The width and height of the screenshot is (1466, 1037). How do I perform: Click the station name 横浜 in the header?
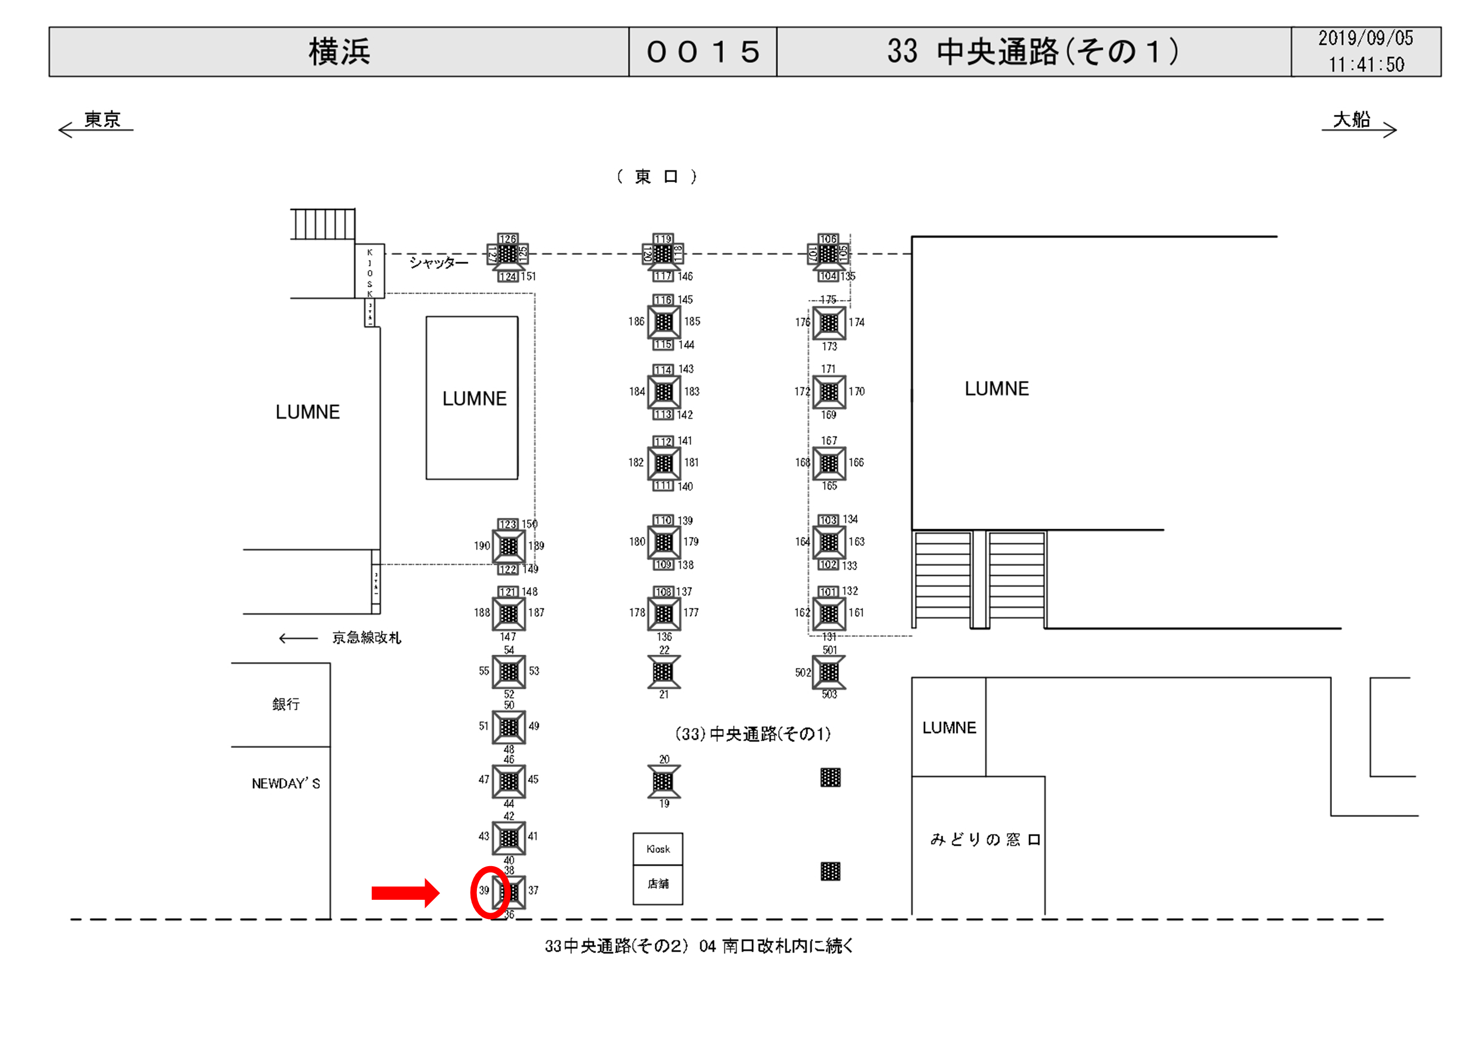339,52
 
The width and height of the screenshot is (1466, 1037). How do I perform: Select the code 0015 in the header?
703,52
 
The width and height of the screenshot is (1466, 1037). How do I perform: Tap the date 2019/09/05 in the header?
1365,38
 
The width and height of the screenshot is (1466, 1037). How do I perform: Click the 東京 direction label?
102,120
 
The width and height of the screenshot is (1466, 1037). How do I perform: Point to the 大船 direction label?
1351,120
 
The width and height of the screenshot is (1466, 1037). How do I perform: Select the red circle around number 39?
490,893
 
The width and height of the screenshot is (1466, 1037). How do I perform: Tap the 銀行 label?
285,704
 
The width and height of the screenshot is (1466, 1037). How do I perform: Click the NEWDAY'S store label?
285,783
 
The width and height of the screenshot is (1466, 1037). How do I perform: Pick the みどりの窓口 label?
985,839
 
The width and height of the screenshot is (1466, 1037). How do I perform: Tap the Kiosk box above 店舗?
657,849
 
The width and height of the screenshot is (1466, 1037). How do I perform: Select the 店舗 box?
657,884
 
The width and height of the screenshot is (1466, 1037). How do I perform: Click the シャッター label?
438,262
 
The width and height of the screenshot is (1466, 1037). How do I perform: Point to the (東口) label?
656,177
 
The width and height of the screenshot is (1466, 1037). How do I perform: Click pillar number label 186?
636,321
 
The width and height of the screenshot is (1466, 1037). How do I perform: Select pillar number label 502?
803,672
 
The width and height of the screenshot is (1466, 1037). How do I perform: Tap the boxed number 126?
507,239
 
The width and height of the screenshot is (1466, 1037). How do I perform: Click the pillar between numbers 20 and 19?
663,781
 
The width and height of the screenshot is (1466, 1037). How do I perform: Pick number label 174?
856,323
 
